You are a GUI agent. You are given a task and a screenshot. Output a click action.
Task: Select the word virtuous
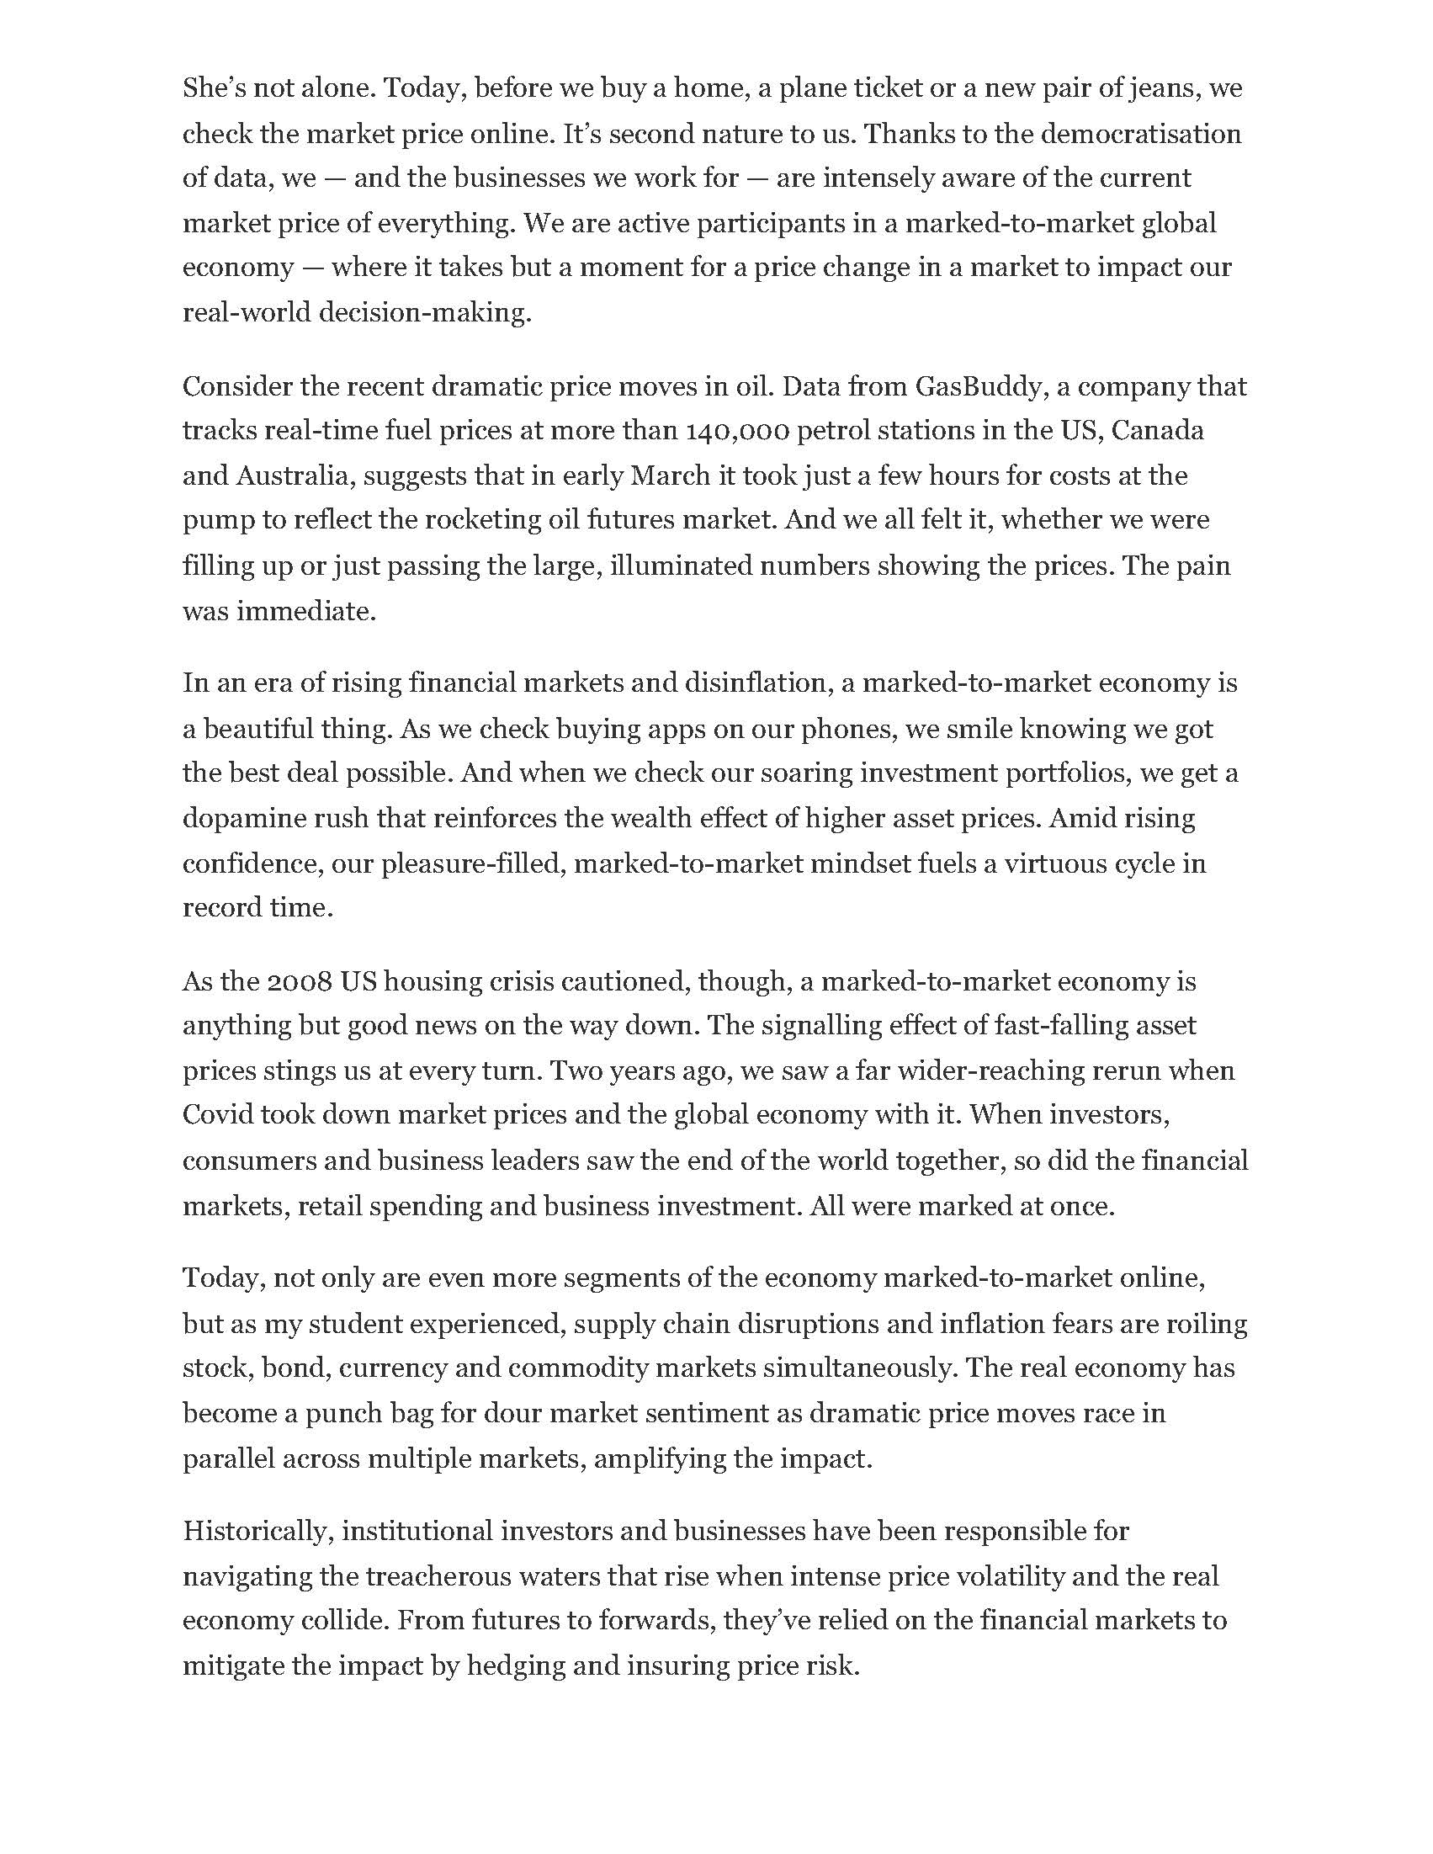(x=1075, y=863)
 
